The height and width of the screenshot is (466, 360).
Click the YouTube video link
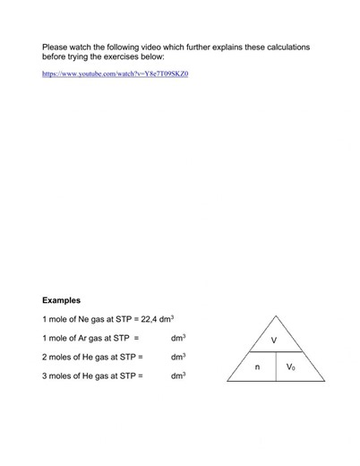(x=116, y=73)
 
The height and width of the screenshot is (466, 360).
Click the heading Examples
(x=62, y=299)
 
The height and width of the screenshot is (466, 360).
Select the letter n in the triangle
(x=256, y=367)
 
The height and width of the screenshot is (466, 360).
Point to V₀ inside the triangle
(x=291, y=367)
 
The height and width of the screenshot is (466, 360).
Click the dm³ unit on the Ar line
(x=177, y=338)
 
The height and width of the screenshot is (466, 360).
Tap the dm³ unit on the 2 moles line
(x=177, y=357)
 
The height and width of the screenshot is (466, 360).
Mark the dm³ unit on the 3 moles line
(x=177, y=375)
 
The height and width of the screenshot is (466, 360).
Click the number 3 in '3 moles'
(x=45, y=375)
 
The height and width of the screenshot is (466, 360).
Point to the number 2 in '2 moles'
(x=45, y=357)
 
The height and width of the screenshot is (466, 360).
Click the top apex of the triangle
(x=274, y=317)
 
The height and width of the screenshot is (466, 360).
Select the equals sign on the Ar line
(x=136, y=338)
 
